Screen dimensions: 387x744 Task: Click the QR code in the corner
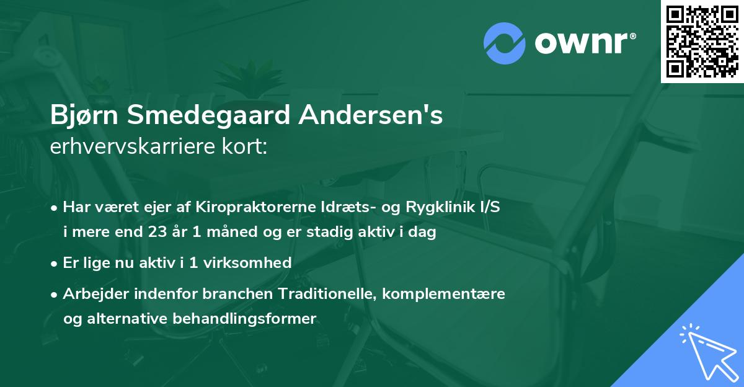702,41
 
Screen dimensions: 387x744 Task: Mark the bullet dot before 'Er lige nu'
55,263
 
